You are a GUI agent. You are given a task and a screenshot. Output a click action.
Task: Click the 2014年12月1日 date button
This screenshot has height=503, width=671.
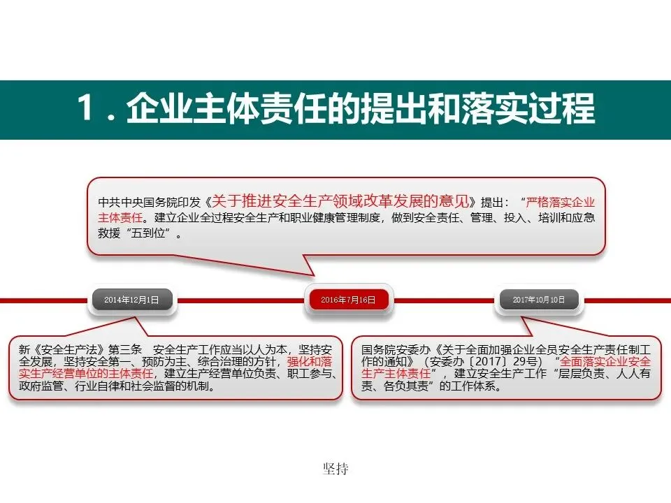point(131,300)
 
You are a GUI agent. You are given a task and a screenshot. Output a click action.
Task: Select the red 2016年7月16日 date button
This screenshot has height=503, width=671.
point(348,300)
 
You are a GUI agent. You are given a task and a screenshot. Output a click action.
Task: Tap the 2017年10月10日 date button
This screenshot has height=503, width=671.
point(538,300)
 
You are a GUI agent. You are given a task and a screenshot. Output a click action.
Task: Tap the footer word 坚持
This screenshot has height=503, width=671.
point(335,469)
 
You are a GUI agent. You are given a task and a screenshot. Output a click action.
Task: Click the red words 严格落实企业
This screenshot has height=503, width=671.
point(562,203)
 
